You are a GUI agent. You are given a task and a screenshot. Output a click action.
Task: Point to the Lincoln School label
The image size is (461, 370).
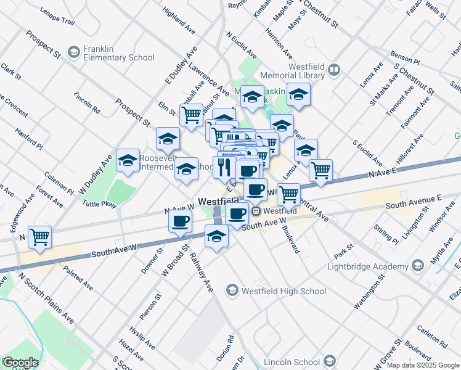[x=290, y=361]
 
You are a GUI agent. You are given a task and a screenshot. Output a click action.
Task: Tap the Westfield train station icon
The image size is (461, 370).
[x=255, y=211]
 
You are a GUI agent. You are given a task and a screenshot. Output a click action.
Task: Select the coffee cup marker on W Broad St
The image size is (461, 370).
[x=180, y=221]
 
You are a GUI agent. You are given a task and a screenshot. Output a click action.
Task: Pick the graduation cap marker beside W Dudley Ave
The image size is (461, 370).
[x=128, y=161]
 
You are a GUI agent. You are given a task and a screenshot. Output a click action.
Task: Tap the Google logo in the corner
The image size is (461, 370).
[x=20, y=363]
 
